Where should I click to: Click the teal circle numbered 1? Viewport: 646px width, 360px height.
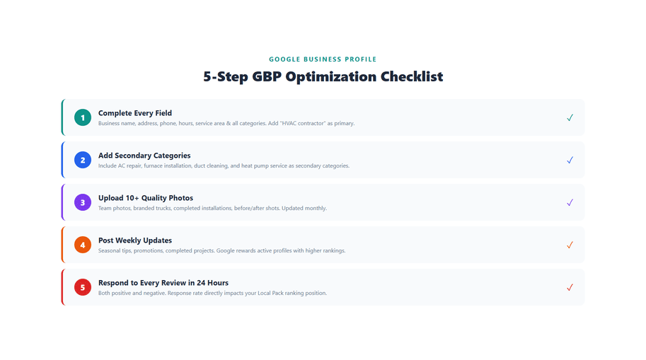83,117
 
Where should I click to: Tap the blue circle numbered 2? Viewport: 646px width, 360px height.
83,160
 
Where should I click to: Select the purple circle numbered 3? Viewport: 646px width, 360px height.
83,202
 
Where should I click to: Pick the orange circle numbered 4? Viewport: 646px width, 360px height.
83,245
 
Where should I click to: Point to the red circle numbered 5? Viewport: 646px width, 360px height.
83,287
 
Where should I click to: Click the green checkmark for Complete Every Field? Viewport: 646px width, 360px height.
570,117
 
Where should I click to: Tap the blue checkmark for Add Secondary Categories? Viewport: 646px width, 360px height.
570,160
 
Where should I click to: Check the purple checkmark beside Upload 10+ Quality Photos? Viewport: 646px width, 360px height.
570,202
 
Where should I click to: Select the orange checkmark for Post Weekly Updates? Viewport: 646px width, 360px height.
570,245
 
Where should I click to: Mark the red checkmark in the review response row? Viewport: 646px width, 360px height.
570,287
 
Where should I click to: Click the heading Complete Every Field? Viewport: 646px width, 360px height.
135,113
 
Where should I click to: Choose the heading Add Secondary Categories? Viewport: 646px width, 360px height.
144,156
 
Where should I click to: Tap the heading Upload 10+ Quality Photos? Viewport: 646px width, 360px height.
146,198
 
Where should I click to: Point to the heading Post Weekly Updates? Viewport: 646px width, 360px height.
135,240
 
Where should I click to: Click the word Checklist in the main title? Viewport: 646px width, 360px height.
412,76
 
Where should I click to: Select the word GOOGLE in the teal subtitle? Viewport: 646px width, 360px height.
284,59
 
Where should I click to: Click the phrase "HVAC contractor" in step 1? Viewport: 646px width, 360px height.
302,123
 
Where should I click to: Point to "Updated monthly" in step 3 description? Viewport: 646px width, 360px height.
306,208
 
